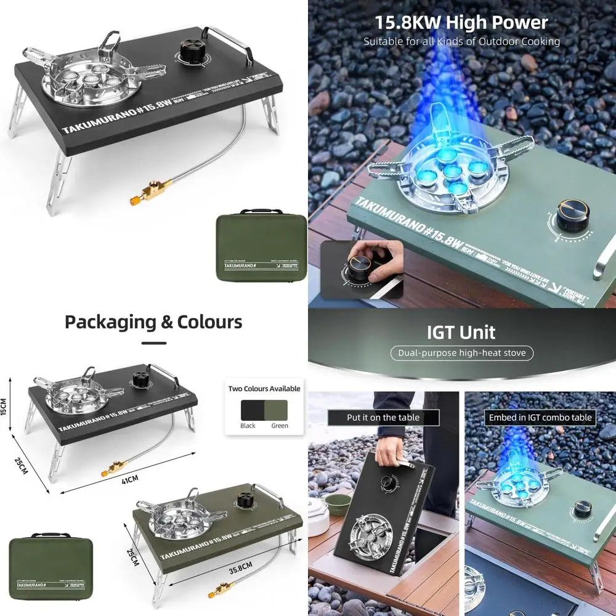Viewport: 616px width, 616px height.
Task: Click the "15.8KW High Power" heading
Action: pos(461,23)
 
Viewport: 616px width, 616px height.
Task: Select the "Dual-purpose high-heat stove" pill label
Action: pos(461,353)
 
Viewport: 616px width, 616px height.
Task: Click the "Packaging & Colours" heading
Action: pos(153,322)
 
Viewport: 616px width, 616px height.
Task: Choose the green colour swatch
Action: pos(276,410)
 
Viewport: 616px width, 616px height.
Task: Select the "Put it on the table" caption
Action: pos(383,418)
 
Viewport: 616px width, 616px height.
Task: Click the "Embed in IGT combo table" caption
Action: pos(540,418)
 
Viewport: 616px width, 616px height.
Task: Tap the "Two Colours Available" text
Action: pos(264,389)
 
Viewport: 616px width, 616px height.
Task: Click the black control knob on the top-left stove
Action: pos(191,52)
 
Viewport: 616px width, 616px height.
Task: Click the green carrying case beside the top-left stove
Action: pos(262,246)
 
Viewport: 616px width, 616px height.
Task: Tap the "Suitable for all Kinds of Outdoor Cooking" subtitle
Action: pos(461,42)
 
